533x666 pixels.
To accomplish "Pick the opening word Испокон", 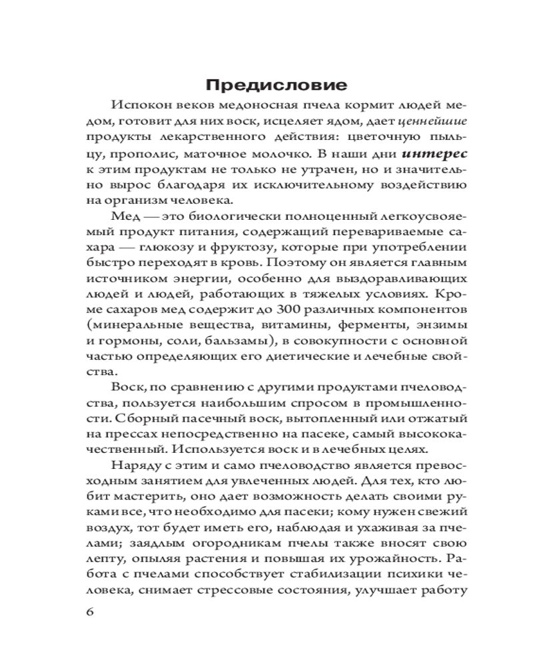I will coord(141,105).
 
